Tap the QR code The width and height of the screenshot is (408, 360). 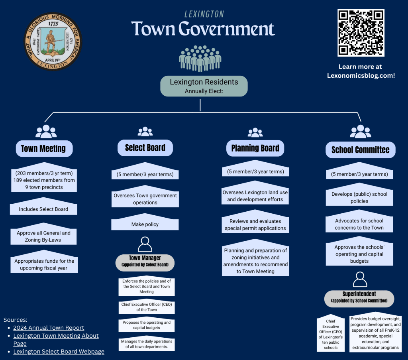[361, 33]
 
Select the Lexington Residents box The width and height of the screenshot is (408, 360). [204, 86]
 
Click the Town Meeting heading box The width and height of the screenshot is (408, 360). [43, 149]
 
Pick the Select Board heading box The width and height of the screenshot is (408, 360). [145, 148]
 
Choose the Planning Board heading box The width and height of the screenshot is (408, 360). [255, 148]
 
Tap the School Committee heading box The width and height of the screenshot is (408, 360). [360, 150]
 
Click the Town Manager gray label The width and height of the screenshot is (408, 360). [145, 261]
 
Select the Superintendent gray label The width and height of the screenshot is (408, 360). [359, 297]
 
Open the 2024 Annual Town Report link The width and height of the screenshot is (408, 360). [49, 328]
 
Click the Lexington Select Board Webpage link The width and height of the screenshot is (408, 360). [59, 352]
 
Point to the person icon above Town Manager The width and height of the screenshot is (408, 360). [145, 244]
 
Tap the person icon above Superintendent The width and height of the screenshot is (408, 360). [360, 279]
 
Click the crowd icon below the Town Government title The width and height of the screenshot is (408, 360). [200, 58]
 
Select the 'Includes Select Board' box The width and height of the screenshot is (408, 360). [43, 209]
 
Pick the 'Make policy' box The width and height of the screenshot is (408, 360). [145, 224]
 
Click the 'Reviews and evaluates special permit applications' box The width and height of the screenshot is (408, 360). [255, 225]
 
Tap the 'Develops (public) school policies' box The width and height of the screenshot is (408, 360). [359, 197]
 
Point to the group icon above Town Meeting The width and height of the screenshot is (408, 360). [46, 132]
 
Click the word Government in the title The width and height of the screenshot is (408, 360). [227, 29]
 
